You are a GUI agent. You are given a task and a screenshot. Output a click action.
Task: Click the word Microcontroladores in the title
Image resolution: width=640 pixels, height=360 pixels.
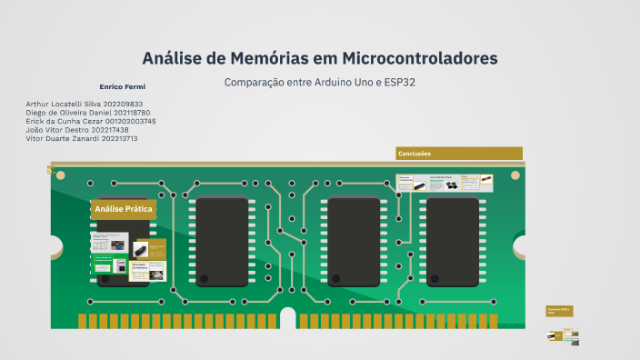coord(420,58)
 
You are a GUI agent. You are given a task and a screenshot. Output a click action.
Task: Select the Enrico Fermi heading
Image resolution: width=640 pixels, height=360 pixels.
coord(122,86)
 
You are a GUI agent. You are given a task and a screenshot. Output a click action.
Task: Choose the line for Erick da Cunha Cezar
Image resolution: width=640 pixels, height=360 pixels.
coord(91,121)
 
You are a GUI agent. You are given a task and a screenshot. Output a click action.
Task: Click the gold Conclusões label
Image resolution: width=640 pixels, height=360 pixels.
coord(459,154)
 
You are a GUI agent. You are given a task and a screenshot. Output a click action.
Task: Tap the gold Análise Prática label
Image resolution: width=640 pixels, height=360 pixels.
coord(124,209)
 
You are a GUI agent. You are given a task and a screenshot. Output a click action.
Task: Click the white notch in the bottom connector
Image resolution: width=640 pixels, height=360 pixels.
coord(288,317)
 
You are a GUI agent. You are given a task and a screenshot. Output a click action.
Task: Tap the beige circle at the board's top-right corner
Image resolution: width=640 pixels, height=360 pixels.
coord(516,175)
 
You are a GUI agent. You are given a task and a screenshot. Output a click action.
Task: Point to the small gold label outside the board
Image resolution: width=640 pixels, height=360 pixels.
coord(559,311)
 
